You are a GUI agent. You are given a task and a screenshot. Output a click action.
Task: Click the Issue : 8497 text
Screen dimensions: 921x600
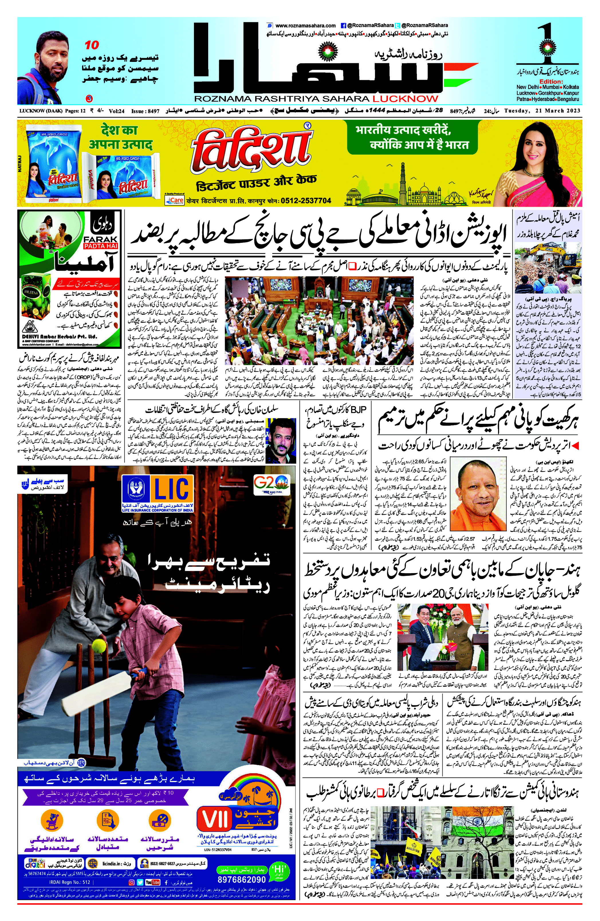[145, 111]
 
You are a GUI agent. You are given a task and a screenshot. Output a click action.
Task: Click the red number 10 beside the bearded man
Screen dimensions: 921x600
[92, 45]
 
